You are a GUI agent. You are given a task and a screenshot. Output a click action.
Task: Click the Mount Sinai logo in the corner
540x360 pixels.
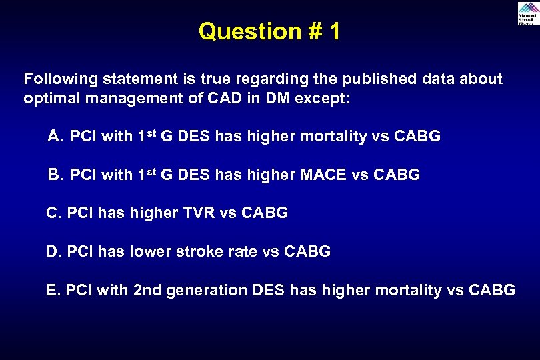coord(527,13)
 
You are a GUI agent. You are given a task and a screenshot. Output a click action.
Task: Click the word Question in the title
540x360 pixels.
coord(240,31)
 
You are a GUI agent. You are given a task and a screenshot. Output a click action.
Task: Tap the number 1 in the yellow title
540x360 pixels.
coord(333,31)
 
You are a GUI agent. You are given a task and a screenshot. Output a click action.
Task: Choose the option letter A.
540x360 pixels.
coord(55,137)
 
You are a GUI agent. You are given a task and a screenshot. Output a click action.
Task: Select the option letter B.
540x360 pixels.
coord(55,175)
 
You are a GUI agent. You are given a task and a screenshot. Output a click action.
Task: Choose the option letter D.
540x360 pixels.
coord(53,252)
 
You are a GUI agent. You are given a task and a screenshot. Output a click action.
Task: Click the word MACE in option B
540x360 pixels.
coord(323,175)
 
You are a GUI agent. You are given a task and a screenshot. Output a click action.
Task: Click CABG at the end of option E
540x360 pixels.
coord(492,290)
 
